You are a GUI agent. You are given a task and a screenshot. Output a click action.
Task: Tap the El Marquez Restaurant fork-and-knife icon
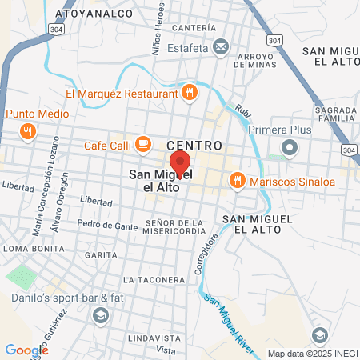tap(190, 93)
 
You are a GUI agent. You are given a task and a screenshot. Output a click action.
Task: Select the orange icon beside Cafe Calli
tap(143, 145)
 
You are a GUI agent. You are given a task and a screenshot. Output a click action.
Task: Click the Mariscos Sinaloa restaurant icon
tap(236, 181)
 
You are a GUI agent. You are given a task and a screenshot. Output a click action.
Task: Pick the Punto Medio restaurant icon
tap(28, 131)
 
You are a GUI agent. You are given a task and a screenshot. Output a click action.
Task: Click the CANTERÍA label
tap(193, 28)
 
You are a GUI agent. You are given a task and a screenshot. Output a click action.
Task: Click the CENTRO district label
tap(194, 145)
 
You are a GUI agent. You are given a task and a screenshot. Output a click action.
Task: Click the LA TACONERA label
tap(154, 280)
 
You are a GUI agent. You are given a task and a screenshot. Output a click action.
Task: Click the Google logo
tap(26, 350)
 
